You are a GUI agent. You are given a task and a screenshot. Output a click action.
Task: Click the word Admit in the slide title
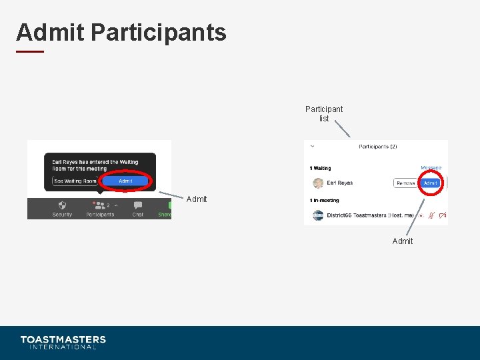point(50,32)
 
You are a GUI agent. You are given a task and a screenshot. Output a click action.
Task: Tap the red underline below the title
point(30,51)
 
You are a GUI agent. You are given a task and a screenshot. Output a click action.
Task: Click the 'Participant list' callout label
point(324,113)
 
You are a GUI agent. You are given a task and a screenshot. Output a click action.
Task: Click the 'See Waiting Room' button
point(75,181)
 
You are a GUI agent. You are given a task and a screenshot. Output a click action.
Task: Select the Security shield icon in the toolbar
point(62,206)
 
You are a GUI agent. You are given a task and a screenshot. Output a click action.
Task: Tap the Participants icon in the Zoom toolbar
point(100,206)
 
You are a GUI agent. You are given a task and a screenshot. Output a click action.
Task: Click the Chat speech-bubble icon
point(138,206)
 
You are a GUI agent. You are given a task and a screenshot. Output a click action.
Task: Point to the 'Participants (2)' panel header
point(377,147)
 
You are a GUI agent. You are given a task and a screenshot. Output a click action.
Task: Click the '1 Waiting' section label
point(320,168)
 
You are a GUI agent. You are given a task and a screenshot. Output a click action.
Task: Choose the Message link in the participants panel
point(431,168)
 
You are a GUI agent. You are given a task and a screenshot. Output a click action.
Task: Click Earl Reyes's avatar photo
point(318,183)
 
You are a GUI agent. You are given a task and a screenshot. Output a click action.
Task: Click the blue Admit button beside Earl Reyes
point(431,183)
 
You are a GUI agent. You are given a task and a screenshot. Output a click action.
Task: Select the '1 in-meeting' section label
point(324,200)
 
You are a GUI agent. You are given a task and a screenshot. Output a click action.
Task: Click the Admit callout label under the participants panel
point(403,241)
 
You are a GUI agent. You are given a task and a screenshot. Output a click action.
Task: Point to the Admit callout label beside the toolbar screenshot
point(197,199)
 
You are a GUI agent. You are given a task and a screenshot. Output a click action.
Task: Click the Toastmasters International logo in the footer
point(63,342)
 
